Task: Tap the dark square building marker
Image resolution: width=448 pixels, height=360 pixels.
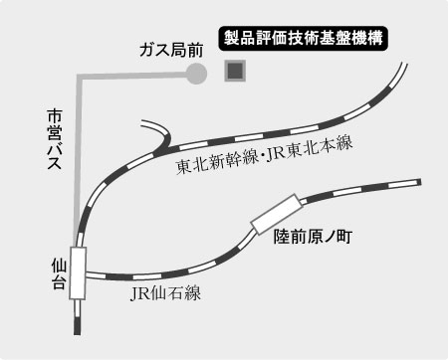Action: [236, 72]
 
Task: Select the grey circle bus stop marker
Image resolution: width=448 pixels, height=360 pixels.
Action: [196, 73]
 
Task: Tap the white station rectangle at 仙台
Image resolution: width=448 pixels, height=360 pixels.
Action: [78, 270]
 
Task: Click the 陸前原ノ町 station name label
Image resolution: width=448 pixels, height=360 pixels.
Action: [315, 238]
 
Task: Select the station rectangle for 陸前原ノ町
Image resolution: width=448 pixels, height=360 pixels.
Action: [277, 212]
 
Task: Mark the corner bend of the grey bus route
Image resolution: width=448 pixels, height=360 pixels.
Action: [81, 75]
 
